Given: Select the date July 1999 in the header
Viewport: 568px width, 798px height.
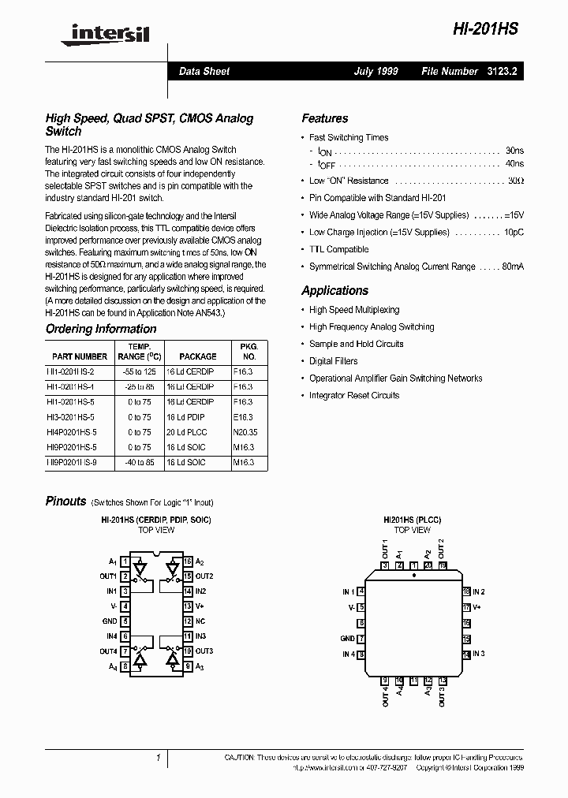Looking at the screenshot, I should (376, 71).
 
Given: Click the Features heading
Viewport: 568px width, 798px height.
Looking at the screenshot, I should (324, 118).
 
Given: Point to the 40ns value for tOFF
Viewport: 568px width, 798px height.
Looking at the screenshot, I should (514, 163).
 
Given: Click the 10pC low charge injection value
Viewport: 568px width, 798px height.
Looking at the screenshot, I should (514, 233).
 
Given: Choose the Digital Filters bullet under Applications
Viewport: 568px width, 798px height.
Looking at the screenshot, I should (333, 361).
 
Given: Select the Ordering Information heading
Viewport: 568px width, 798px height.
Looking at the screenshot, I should (101, 329).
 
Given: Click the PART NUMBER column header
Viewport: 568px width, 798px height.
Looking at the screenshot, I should (80, 356).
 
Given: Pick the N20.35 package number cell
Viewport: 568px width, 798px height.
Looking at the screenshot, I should (247, 432).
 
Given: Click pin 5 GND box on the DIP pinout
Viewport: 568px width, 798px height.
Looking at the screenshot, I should (125, 621).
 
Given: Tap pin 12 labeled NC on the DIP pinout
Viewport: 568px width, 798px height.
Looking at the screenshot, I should (187, 621).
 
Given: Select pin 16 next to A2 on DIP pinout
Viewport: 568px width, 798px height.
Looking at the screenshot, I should (187, 561).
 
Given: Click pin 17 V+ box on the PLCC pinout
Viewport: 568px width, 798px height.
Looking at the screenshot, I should (466, 608).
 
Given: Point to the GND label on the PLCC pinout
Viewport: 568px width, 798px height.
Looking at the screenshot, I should (347, 639).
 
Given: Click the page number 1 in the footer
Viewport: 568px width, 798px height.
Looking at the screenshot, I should (159, 758).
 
